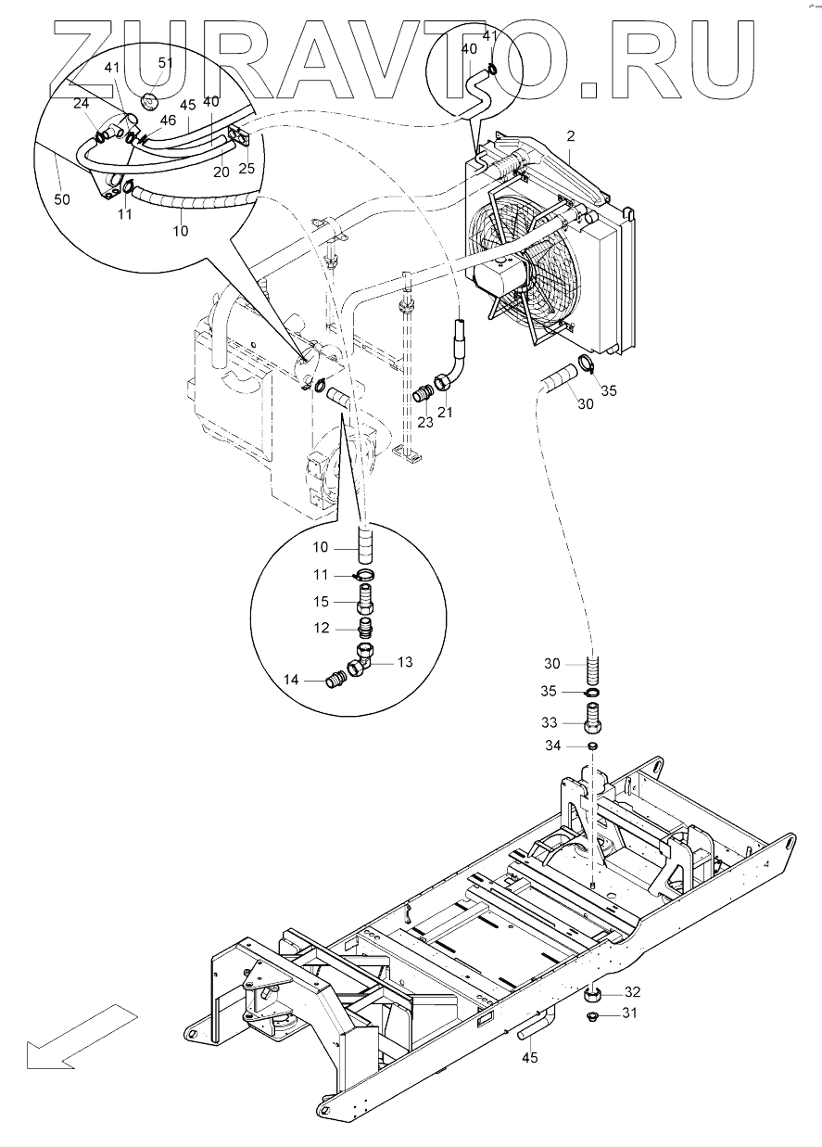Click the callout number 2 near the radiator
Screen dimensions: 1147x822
coord(571,136)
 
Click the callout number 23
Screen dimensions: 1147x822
coord(425,421)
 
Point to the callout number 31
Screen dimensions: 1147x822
coord(630,1013)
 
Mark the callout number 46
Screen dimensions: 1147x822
coord(168,121)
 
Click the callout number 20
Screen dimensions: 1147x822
coord(220,170)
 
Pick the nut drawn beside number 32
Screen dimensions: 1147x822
coord(592,996)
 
